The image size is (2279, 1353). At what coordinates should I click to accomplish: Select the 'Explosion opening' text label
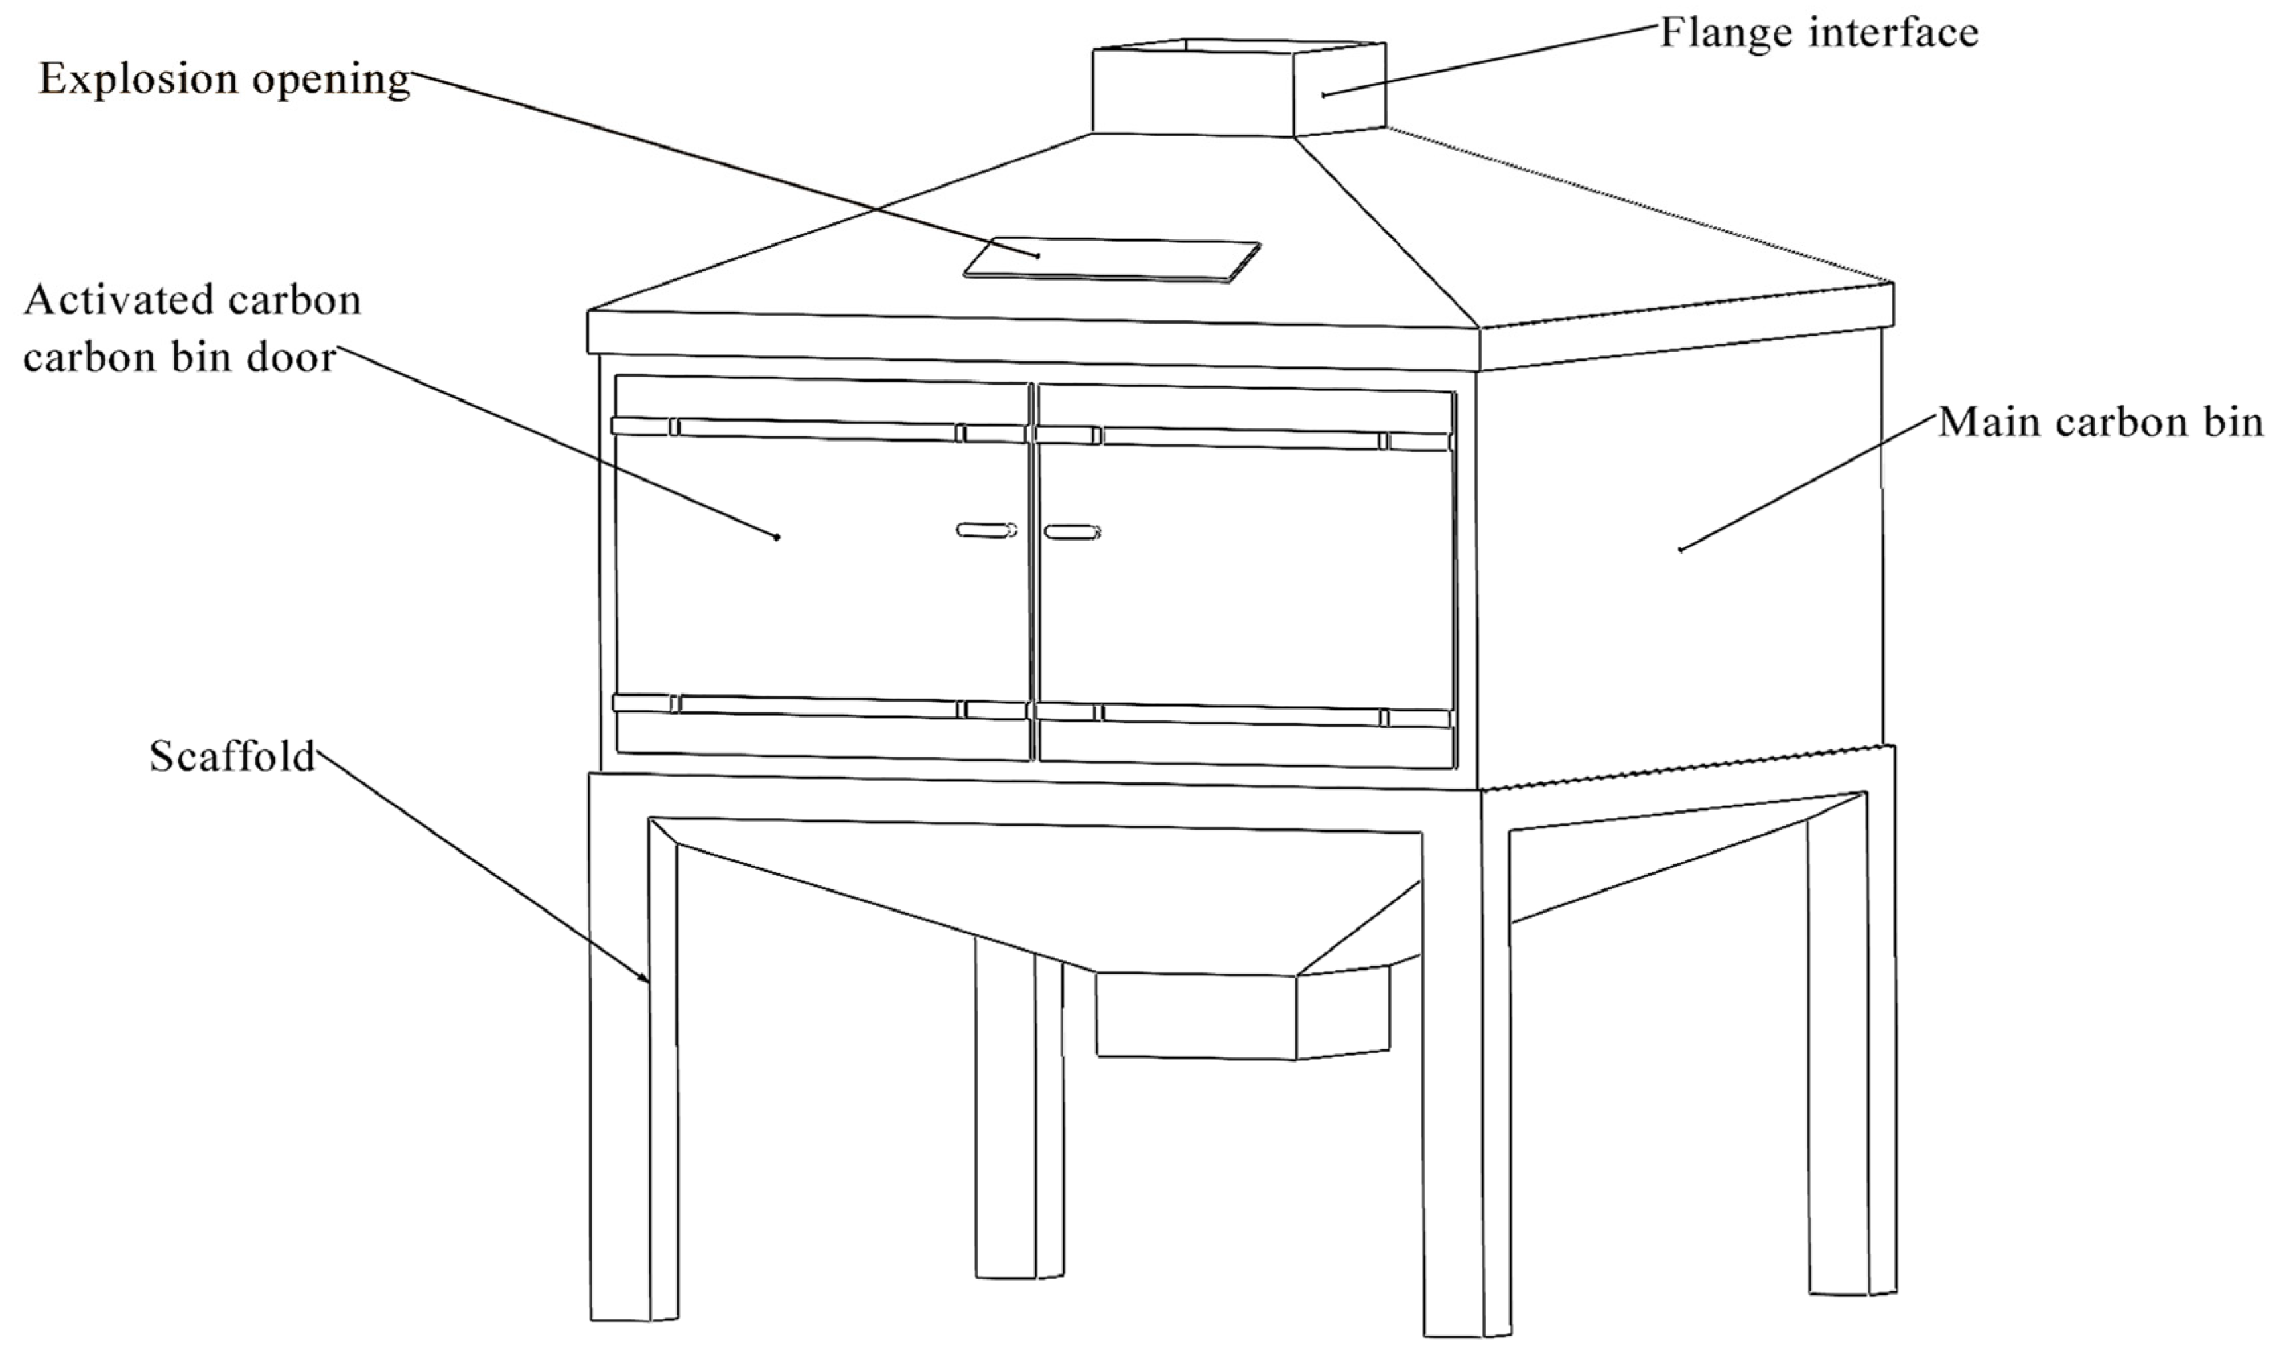pyautogui.click(x=224, y=80)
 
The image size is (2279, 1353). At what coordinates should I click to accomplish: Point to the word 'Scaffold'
pyautogui.click(x=232, y=757)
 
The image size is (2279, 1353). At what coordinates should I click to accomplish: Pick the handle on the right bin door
pyautogui.click(x=1072, y=531)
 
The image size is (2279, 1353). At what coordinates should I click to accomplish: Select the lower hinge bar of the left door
pyautogui.click(x=820, y=706)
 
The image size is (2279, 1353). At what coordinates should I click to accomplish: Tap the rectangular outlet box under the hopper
pyautogui.click(x=1242, y=1014)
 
